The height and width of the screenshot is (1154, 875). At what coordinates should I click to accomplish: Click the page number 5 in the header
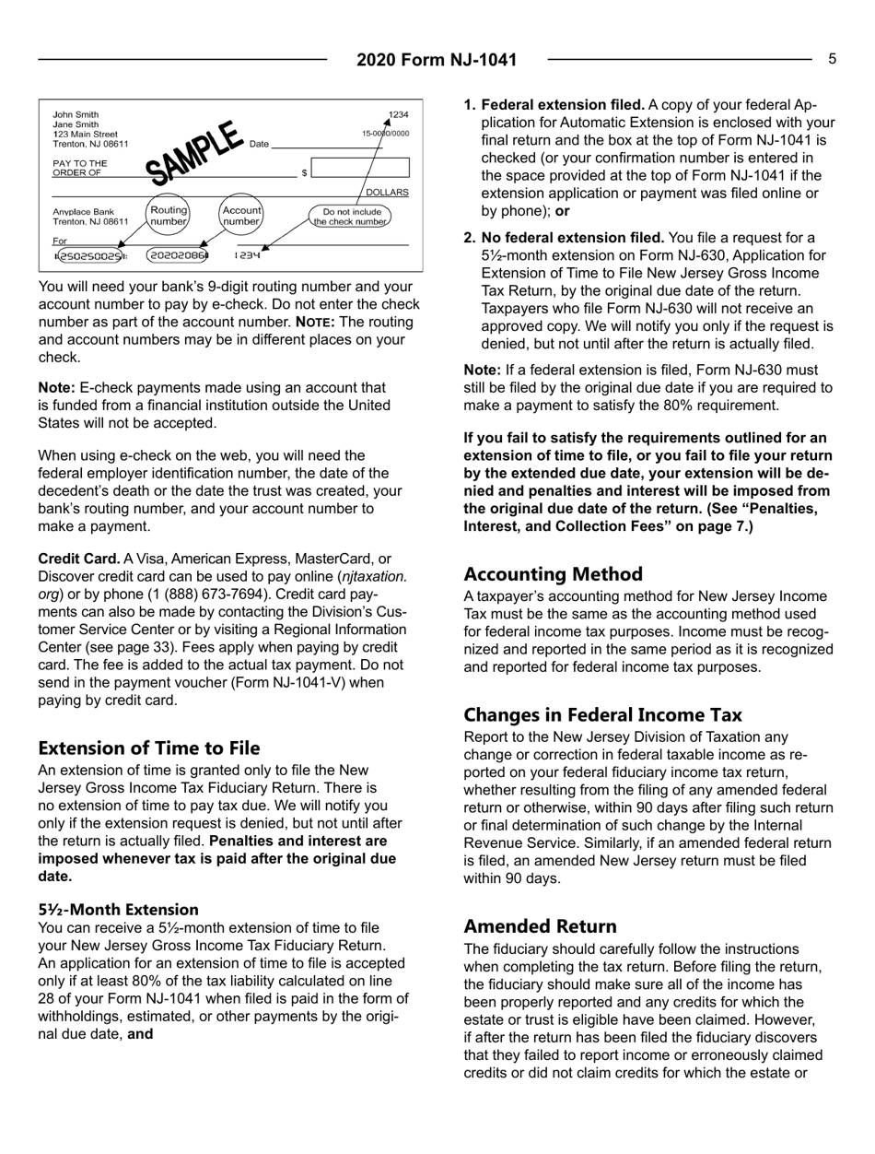832,59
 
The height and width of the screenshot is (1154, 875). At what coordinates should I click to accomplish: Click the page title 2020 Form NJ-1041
437,61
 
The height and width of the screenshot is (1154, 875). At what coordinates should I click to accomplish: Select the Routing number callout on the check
169,215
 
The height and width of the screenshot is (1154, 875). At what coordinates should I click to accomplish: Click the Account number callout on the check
242,215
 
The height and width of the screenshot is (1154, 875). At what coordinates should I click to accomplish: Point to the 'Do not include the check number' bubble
350,216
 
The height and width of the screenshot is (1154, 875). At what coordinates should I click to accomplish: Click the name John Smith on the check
76,114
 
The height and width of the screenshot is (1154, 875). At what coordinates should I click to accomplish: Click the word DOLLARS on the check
387,192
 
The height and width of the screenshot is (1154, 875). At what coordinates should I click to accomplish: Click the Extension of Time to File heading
149,748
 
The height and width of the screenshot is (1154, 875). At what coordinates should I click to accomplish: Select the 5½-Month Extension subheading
118,909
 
